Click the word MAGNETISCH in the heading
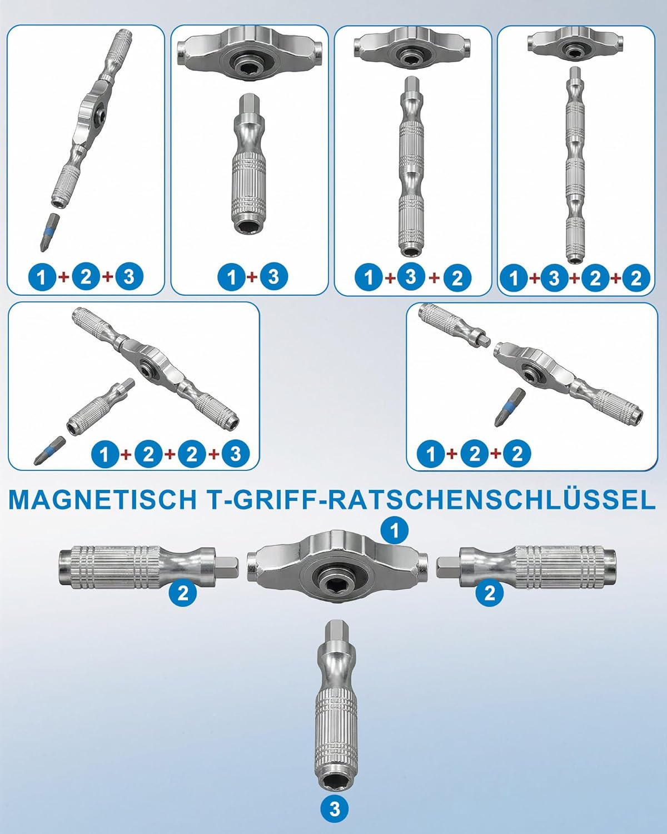[x=103, y=500]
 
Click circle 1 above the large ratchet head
[x=395, y=530]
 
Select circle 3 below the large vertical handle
[x=335, y=809]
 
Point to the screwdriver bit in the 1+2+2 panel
[x=510, y=408]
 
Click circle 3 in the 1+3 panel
[x=273, y=277]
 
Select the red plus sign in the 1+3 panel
[x=252, y=277]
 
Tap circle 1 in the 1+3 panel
[x=231, y=277]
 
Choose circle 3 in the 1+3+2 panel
[x=411, y=277]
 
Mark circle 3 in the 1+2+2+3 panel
[x=235, y=454]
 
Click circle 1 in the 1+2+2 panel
[x=431, y=454]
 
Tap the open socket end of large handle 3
[x=335, y=778]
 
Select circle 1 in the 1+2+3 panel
[x=42, y=277]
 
